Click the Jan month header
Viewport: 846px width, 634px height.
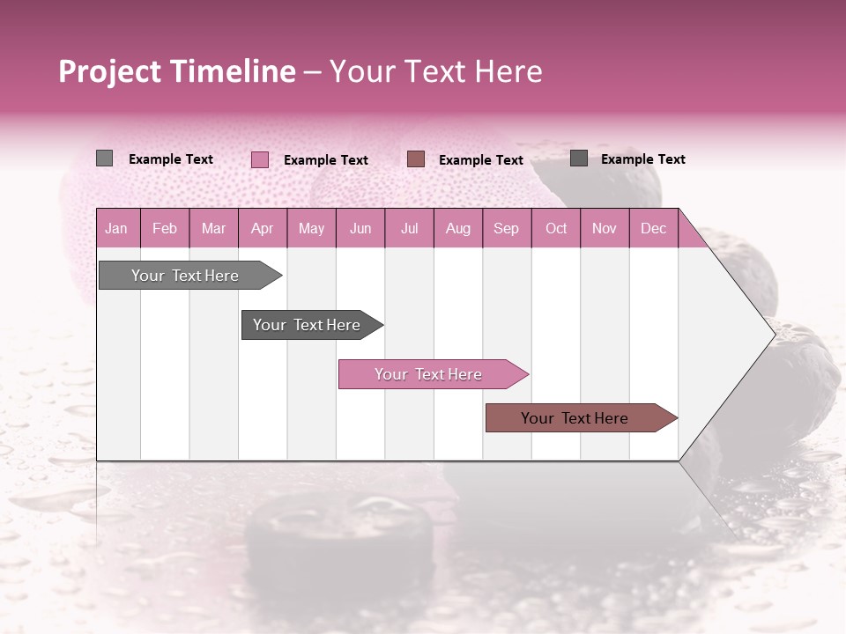tap(116, 228)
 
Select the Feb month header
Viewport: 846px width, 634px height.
tap(165, 228)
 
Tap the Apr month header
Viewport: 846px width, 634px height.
tap(262, 228)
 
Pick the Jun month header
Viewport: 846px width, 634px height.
tap(360, 228)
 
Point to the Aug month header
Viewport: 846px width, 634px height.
tap(457, 228)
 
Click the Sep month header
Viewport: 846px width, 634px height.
tap(506, 228)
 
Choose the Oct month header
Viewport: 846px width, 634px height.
tap(556, 228)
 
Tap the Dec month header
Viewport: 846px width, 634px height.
tap(653, 228)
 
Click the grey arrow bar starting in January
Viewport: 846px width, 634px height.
tap(185, 276)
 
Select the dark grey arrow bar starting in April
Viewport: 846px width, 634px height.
tap(307, 325)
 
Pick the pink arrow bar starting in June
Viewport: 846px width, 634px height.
tap(428, 374)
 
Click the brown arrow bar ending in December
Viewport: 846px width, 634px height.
tap(575, 418)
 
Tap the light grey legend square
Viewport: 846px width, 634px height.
tap(104, 158)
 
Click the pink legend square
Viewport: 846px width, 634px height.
tap(260, 159)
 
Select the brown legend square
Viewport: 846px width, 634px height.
tap(416, 158)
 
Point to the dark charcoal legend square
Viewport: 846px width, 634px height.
tap(579, 158)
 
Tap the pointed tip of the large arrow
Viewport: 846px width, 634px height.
tap(773, 334)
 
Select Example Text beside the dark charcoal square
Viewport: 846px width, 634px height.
tap(642, 158)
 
